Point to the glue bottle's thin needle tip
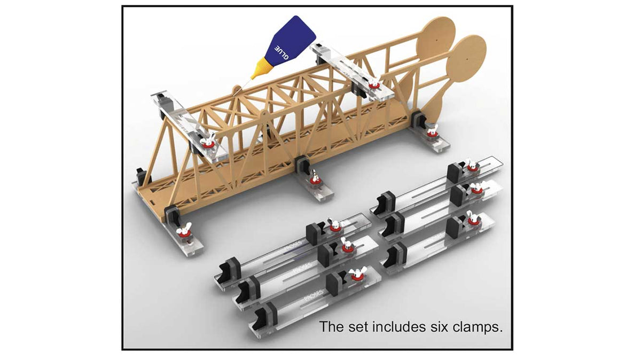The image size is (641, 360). point(247,82)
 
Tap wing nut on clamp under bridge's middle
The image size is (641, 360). point(315,177)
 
